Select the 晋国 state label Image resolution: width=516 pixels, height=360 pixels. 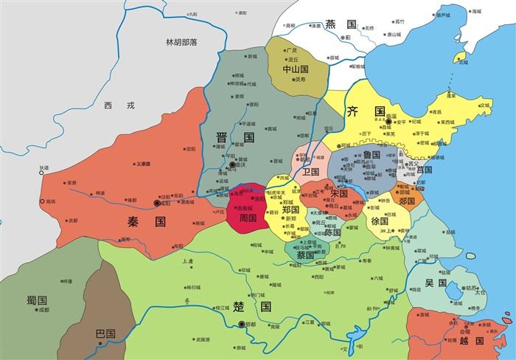(x=234, y=138)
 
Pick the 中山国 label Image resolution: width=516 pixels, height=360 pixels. (x=296, y=69)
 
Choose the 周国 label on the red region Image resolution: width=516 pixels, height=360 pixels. (x=247, y=218)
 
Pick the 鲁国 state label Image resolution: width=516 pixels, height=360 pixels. (x=371, y=156)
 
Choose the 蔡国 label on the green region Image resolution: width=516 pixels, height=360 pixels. (x=305, y=255)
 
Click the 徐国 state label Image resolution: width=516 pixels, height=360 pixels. (x=380, y=221)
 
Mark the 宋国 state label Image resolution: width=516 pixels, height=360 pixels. (x=339, y=193)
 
